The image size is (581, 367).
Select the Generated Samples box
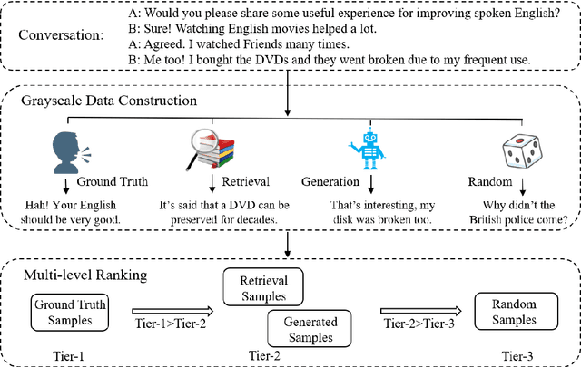pyautogui.click(x=311, y=329)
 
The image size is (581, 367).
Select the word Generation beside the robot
pyautogui.click(x=349, y=180)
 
